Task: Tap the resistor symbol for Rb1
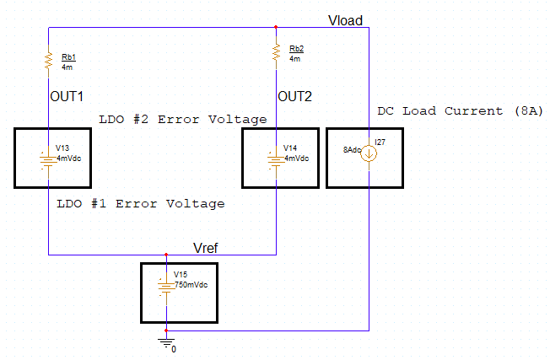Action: [x=49, y=59]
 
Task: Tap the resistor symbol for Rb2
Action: [x=276, y=52]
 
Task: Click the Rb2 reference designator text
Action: [x=297, y=49]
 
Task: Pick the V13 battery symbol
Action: [x=48, y=159]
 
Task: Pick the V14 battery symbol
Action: [x=276, y=159]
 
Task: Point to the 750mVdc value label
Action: [x=191, y=285]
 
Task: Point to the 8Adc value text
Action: [x=352, y=149]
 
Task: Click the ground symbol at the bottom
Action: [x=167, y=341]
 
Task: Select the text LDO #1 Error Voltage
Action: [x=140, y=204]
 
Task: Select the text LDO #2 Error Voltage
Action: [x=182, y=120]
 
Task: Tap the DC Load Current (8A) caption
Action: [x=460, y=111]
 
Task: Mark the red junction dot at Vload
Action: [x=276, y=27]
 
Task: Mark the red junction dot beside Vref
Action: [x=166, y=254]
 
